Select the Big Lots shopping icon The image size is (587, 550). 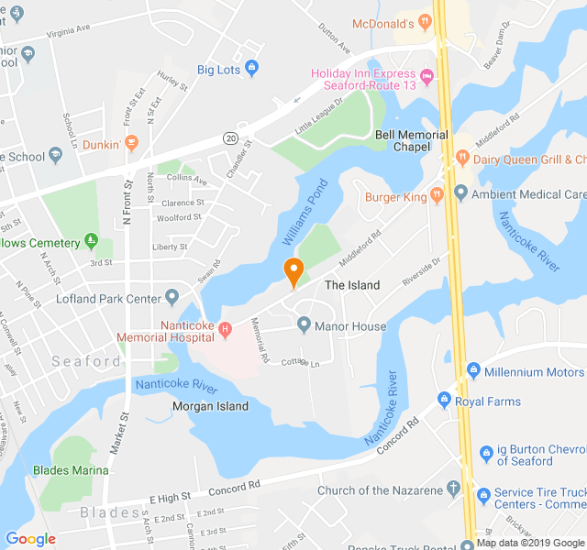point(252,69)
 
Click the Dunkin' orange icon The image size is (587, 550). point(132,143)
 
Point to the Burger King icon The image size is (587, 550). point(437,195)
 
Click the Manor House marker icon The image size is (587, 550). point(305,325)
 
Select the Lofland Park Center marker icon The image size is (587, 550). point(172,298)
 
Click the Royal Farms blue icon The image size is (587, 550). point(445,401)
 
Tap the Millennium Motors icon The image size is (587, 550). point(473,371)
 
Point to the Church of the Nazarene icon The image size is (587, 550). point(453,489)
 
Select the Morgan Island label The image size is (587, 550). point(210,406)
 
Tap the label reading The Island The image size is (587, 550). point(352,285)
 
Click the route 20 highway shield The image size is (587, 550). point(230,137)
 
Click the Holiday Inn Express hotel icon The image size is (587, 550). point(427,73)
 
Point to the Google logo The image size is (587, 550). point(31,539)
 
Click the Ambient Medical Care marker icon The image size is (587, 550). point(460,193)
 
